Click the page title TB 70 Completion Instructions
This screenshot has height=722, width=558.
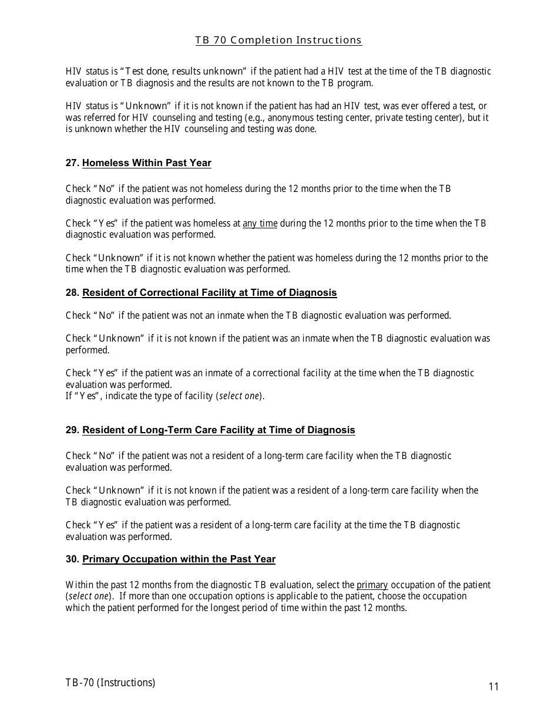coord(278,40)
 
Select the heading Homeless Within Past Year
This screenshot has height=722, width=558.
coord(146,163)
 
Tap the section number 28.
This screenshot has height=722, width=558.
coord(72,292)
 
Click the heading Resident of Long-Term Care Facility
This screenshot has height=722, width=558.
coord(219,430)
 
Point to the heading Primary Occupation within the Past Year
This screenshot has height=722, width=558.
coord(179,559)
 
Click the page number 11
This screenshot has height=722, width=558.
coord(493,687)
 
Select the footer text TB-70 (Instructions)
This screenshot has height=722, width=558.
coord(110,682)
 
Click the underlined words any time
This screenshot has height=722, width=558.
coord(260,223)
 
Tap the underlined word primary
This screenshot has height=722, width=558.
coord(372,585)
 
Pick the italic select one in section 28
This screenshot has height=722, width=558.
coord(239,396)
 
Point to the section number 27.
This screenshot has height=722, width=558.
coord(72,163)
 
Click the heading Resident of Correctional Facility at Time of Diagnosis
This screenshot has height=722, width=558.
coord(209,292)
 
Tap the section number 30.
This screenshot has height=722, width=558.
coord(72,559)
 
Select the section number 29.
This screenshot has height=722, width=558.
coord(72,430)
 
